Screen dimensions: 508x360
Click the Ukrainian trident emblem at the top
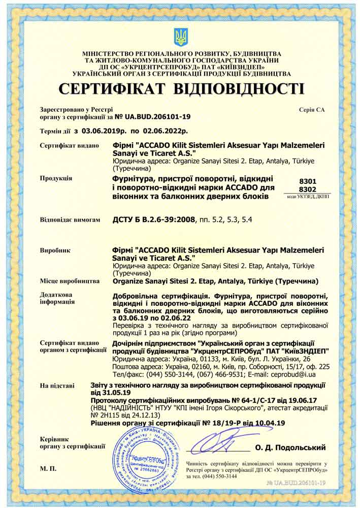(180, 37)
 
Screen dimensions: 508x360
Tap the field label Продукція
(56, 178)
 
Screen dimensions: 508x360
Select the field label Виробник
(55, 250)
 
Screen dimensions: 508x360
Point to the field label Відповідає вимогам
(67, 220)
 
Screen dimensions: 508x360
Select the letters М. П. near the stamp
(47, 467)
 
